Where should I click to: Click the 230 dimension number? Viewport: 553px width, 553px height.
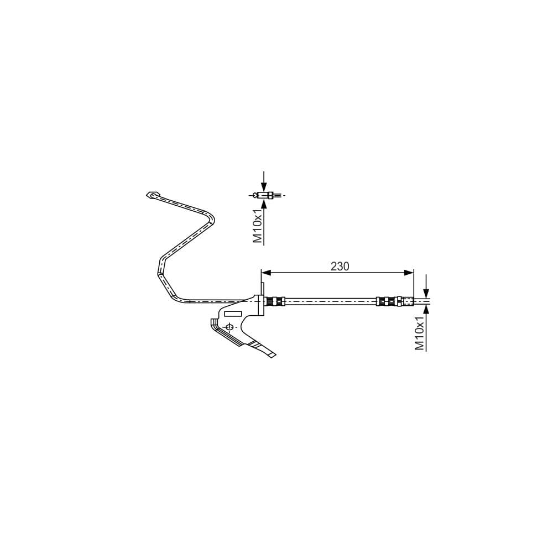[x=340, y=267]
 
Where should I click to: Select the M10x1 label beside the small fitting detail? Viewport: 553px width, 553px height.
[x=258, y=226]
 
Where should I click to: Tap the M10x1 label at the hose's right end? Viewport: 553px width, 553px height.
[x=420, y=333]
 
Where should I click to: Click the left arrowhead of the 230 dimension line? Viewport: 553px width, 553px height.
[x=266, y=273]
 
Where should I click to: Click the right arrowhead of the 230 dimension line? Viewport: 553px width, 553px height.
[x=409, y=273]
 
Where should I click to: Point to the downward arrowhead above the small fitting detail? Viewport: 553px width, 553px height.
[x=264, y=186]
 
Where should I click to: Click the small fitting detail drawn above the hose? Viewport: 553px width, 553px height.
[x=267, y=195]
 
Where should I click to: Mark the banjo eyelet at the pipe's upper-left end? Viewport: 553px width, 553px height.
[x=153, y=195]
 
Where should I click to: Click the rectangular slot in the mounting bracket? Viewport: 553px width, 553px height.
[x=233, y=314]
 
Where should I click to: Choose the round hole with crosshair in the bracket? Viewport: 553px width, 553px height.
[x=229, y=327]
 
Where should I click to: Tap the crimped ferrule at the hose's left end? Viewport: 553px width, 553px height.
[x=275, y=301]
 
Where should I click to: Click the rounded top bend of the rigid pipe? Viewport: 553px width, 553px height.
[x=211, y=217]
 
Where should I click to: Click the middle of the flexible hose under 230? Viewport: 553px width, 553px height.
[x=331, y=301]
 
